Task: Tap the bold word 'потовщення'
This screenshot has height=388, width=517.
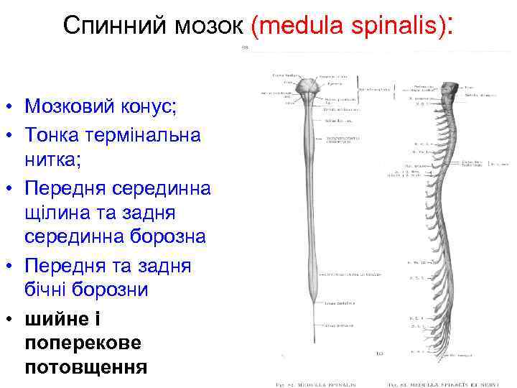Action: [x=85, y=368]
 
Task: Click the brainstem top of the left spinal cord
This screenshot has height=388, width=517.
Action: [x=309, y=88]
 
